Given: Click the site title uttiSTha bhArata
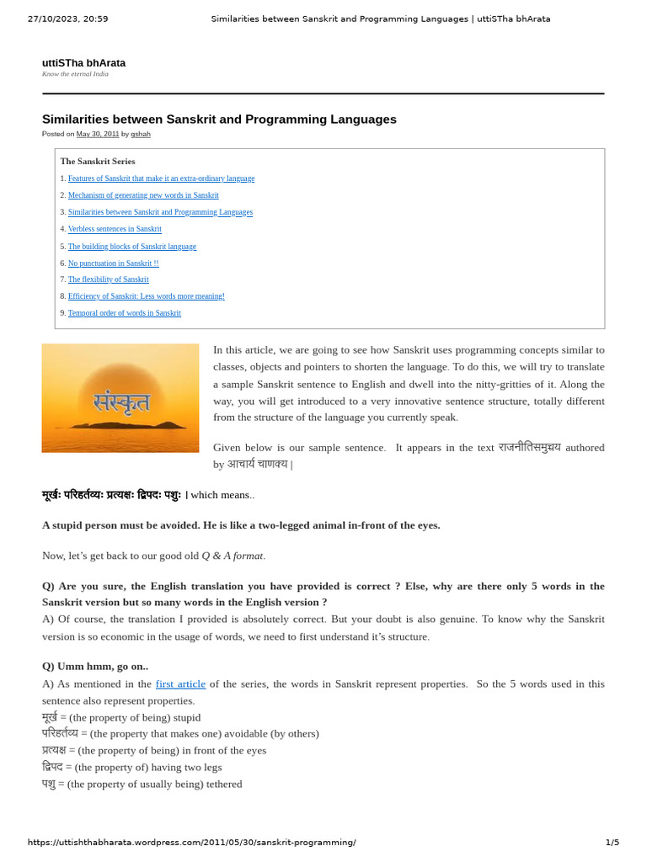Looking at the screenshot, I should [83, 63].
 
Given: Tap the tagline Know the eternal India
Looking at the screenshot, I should [75, 74].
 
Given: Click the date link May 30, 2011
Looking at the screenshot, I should [98, 134].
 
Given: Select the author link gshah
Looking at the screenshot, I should [141, 134].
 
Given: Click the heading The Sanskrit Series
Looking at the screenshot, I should [98, 161].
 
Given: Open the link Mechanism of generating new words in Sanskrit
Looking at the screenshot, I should [143, 195].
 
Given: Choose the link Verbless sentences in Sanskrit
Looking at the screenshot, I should [115, 229].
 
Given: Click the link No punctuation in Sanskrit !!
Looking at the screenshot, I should [113, 263].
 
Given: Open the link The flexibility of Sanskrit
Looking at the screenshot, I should [108, 279].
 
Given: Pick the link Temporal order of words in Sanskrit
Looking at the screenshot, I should [124, 313].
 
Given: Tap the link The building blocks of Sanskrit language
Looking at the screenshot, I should [131, 247].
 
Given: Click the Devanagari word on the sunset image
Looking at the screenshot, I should [121, 402].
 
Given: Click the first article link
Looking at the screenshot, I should [180, 684].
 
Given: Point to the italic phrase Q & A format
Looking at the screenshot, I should [233, 556].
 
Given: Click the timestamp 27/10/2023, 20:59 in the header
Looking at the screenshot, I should [67, 19].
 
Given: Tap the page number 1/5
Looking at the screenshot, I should [612, 842].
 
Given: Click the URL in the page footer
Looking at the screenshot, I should [191, 842].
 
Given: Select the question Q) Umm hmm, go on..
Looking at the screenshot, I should [95, 666].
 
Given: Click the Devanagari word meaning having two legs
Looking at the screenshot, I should [52, 767].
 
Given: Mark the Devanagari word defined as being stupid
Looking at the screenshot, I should [49, 717].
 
